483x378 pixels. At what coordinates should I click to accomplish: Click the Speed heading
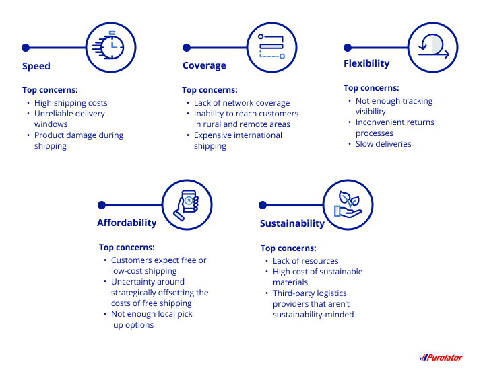[36, 66]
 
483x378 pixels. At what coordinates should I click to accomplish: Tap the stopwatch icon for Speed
[111, 47]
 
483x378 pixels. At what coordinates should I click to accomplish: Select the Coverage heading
[204, 65]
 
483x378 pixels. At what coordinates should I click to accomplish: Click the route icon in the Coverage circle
[271, 47]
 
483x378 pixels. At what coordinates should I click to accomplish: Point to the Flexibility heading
[366, 63]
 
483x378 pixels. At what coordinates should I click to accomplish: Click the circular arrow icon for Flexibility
[432, 47]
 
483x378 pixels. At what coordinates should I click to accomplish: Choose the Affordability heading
[127, 223]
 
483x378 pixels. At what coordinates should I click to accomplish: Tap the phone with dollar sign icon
[188, 204]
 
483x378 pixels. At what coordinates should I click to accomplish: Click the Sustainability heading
[292, 223]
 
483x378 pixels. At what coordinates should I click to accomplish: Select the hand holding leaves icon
[348, 204]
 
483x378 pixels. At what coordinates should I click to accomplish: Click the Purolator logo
[441, 358]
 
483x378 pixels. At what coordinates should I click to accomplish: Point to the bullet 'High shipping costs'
[71, 103]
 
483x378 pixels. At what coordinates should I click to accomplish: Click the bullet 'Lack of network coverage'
[242, 103]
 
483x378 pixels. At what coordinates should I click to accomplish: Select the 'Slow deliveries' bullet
[383, 143]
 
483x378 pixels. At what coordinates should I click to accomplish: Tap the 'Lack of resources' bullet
[306, 261]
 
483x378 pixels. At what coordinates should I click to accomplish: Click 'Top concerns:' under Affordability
[127, 248]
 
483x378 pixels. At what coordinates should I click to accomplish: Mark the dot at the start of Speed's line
[26, 48]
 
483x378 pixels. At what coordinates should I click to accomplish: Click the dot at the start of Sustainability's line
[263, 205]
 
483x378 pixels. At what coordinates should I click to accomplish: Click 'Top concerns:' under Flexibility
[371, 88]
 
